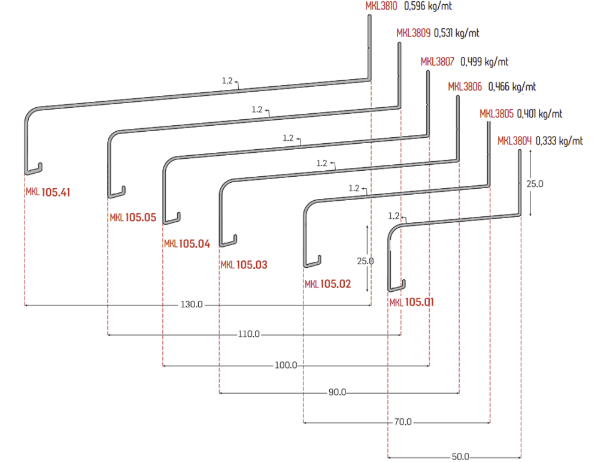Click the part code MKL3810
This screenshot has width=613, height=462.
(381, 6)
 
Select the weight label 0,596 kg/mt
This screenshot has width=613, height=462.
(428, 6)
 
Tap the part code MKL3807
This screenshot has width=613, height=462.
(438, 62)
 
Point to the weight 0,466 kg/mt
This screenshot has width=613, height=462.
(512, 87)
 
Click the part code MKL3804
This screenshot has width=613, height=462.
(514, 141)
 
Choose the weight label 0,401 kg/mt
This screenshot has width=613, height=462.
(539, 114)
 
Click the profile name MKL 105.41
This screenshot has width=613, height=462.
(48, 192)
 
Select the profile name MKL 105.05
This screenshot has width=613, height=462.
(133, 218)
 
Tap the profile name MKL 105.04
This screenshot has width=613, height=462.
(187, 244)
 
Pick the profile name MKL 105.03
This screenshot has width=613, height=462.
(244, 265)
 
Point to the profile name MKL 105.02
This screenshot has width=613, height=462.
(328, 284)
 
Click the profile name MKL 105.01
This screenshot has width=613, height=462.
(412, 302)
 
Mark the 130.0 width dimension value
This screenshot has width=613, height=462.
(192, 304)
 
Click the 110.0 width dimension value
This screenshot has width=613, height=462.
(249, 334)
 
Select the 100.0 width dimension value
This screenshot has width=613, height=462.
(286, 365)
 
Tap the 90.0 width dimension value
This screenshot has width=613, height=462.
(338, 392)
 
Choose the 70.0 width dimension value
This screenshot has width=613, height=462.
(403, 422)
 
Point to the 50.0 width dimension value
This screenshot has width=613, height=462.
(460, 457)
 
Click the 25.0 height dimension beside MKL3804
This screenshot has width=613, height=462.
(535, 184)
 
